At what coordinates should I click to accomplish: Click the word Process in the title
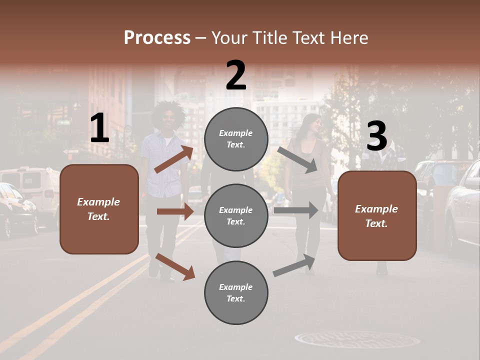tap(157, 38)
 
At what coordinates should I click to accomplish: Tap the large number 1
tap(99, 128)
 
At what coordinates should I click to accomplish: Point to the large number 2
tap(236, 75)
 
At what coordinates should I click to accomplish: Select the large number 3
tap(376, 136)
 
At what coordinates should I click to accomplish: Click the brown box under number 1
tap(99, 209)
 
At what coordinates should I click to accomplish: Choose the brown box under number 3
tap(377, 215)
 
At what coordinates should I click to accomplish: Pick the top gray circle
tap(236, 139)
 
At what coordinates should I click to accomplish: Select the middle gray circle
tap(236, 215)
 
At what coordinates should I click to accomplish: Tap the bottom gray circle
tap(236, 292)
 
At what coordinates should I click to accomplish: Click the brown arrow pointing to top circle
tap(173, 159)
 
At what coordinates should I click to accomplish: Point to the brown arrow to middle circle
tap(175, 211)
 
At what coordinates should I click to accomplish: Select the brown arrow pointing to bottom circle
tap(175, 266)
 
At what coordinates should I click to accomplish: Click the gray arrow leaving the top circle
tap(298, 159)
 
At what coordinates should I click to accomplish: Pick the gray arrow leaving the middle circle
tap(296, 210)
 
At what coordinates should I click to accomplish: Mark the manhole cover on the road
tap(357, 340)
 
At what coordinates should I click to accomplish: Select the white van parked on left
tap(32, 190)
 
